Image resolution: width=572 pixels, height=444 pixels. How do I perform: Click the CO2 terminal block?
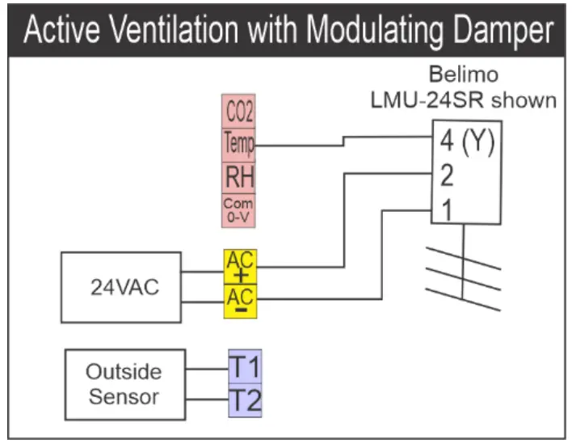238,112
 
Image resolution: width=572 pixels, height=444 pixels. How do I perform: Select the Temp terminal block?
238,145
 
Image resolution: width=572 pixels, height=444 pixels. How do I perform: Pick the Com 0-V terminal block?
238,211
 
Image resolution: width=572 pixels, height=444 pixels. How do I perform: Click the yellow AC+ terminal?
239,266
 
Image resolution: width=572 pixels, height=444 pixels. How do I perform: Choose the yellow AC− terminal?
239,301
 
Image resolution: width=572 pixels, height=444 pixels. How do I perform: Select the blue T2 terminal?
245,400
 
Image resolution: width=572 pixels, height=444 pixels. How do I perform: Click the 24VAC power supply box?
122,287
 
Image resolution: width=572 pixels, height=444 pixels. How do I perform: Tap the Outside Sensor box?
124,384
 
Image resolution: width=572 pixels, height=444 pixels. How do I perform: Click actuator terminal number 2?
446,175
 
